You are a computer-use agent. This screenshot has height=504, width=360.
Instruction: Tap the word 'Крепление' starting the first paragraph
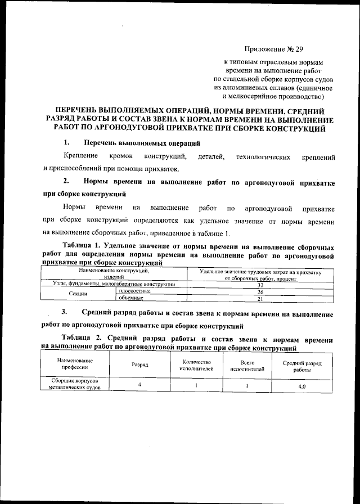78,155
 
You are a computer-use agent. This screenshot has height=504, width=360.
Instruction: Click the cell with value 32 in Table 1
260,286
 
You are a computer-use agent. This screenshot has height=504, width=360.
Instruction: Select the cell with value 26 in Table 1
260,292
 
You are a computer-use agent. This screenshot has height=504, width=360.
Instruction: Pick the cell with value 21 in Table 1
260,298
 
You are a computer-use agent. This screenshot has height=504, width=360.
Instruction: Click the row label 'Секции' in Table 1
78,295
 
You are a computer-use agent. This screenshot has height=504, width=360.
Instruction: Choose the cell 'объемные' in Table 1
131,298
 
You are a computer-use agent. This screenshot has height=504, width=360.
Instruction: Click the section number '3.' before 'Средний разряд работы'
65,313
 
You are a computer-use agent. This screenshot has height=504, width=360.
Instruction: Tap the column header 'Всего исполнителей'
247,366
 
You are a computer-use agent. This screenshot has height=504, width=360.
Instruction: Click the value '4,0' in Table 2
301,387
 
